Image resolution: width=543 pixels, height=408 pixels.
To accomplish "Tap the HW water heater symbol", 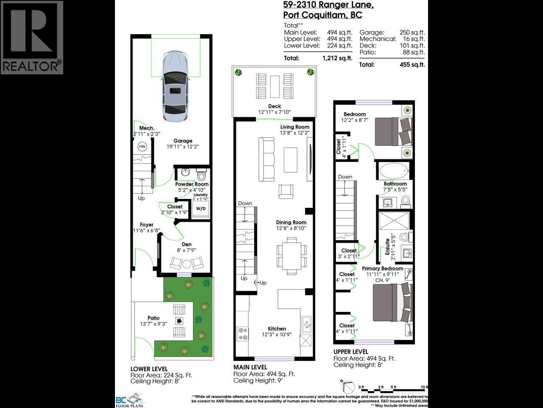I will (142, 147).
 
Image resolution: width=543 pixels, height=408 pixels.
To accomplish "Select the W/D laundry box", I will (200, 209).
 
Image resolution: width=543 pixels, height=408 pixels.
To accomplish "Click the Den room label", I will (187, 244).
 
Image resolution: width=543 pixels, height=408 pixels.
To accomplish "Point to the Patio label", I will (154, 318).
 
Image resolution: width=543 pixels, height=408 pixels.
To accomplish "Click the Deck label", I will (274, 106).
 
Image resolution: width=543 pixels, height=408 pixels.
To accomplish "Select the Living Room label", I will (295, 127).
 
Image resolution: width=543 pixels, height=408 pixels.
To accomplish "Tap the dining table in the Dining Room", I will (291, 255).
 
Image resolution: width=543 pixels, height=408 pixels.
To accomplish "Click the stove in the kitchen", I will (243, 333).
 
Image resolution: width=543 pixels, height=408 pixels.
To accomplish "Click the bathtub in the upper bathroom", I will (394, 172).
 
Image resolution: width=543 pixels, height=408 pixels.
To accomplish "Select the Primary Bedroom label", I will (382, 269).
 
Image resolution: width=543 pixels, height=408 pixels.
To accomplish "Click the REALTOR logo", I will (32, 37).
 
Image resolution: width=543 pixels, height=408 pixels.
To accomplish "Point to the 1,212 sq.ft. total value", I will (337, 59).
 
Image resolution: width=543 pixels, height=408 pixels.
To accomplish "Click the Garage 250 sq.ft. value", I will (412, 32).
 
